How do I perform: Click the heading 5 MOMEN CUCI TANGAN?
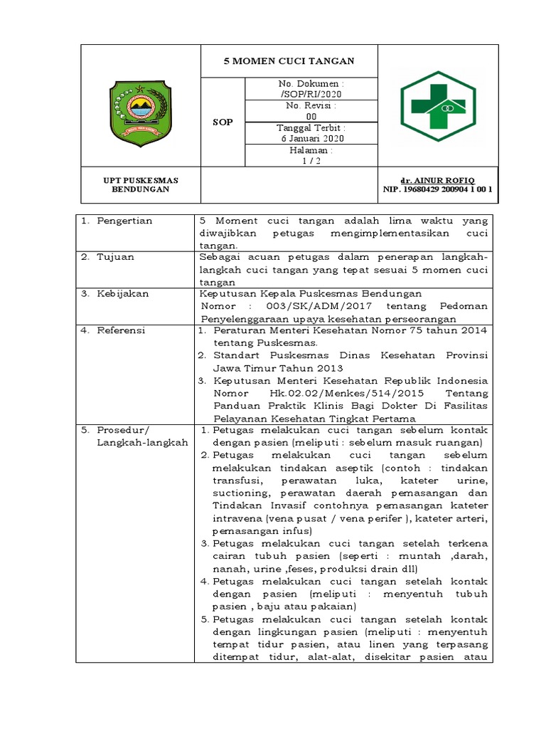click(289, 62)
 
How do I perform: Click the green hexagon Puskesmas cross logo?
click(437, 105)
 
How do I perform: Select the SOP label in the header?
click(223, 122)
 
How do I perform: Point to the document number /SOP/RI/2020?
click(311, 95)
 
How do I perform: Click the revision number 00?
click(311, 117)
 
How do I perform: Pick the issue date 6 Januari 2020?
click(311, 139)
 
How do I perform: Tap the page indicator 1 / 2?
click(311, 161)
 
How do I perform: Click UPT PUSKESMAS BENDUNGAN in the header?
click(141, 185)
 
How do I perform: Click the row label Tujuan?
click(115, 257)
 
